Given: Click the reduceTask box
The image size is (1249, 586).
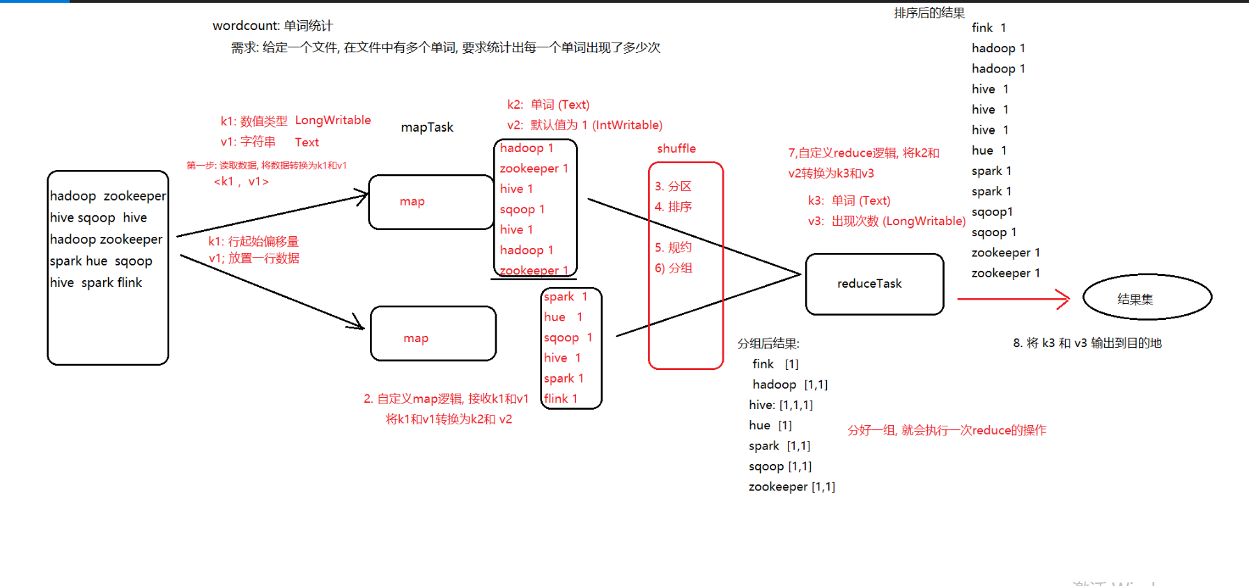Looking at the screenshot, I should pos(874,284).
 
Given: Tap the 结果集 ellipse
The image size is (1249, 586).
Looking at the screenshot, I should pos(1147,298).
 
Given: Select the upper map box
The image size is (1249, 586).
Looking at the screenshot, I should pos(430,201).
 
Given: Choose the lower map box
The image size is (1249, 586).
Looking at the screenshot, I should pos(433,334).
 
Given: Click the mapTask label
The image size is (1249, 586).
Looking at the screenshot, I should pos(427,127).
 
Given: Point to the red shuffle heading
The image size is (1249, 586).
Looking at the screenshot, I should pos(676,148).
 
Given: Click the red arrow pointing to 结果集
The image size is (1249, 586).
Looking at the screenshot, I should pos(1014,299).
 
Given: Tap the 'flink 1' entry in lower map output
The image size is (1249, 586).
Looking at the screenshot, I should pos(561,399).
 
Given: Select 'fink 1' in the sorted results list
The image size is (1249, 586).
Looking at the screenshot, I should pos(988,28).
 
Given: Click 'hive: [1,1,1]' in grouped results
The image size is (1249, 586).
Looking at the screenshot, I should pos(780,405).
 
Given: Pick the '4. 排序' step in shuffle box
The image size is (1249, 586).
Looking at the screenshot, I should pos(673,206).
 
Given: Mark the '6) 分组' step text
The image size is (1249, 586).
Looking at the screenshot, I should pos(673,268).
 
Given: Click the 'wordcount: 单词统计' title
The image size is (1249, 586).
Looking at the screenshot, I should pos(272,26).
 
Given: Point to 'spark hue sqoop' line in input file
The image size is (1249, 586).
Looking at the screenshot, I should pos(101,261).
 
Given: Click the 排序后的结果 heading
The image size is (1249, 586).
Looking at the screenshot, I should pos(929,13).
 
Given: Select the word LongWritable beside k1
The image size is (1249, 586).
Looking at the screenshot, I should pos(332,120).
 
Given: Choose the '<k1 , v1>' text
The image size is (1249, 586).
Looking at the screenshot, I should pos(241,181).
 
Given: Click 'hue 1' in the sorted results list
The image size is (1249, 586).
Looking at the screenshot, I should pos(988,151).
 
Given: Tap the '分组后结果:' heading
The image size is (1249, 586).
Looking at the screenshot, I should pos(768,344).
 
